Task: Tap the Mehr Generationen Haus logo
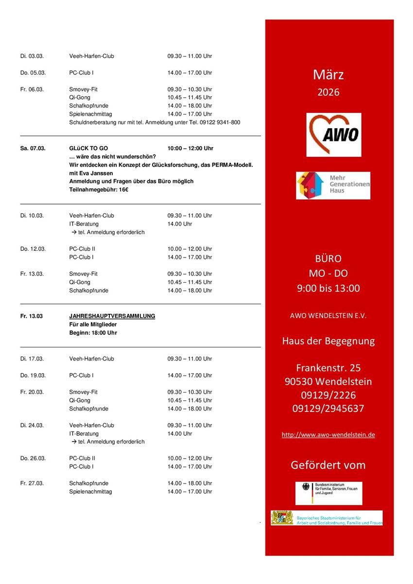pos(333,186)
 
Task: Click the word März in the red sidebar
pos(328,75)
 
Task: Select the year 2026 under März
pos(328,92)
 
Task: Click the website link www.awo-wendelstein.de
pos(328,435)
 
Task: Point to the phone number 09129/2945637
pos(328,409)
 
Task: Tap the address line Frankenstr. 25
pos(328,368)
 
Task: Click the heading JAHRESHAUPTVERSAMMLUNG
pos(112,316)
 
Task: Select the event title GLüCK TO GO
pos(89,149)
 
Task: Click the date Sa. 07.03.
pos(33,149)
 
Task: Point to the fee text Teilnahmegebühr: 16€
pos(99,189)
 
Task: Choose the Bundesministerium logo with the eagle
pos(328,493)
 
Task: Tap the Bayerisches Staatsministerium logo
pos(327,518)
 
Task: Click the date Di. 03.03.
pos(32,56)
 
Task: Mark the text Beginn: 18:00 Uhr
pos(93,333)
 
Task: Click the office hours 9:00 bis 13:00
pos(328,288)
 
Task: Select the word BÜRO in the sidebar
pos(328,258)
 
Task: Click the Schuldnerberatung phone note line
pos(155,122)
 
